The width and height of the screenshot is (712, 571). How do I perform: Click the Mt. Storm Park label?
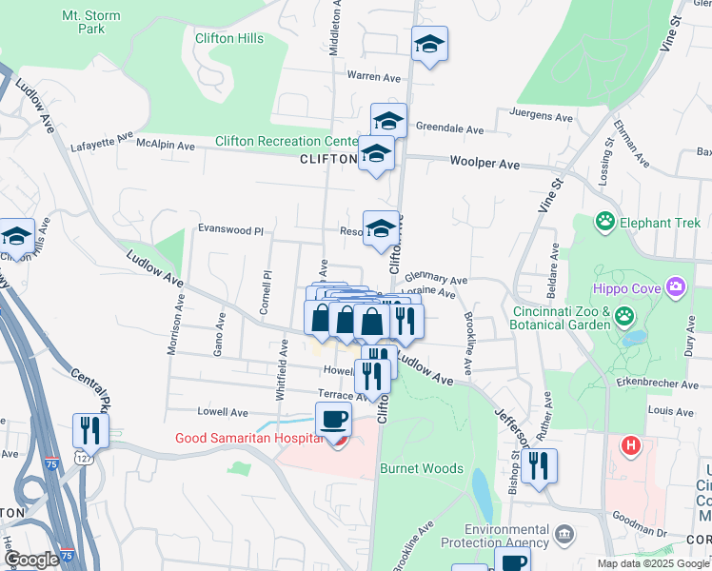pos(83,22)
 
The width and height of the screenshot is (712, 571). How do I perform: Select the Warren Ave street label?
pos(375,75)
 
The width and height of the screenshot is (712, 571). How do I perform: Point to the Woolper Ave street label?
pos(485,164)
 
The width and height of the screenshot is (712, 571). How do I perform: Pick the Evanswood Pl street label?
pos(229,229)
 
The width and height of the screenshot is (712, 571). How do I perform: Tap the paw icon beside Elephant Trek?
pos(604,223)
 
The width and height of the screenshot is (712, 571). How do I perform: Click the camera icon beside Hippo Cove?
pos(676,285)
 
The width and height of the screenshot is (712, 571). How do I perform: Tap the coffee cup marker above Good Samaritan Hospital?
pos(333,420)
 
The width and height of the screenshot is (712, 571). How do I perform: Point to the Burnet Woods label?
pos(421,468)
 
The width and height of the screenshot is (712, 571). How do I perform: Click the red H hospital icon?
pos(630,444)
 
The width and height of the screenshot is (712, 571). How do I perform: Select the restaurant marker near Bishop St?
pos(539,465)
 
